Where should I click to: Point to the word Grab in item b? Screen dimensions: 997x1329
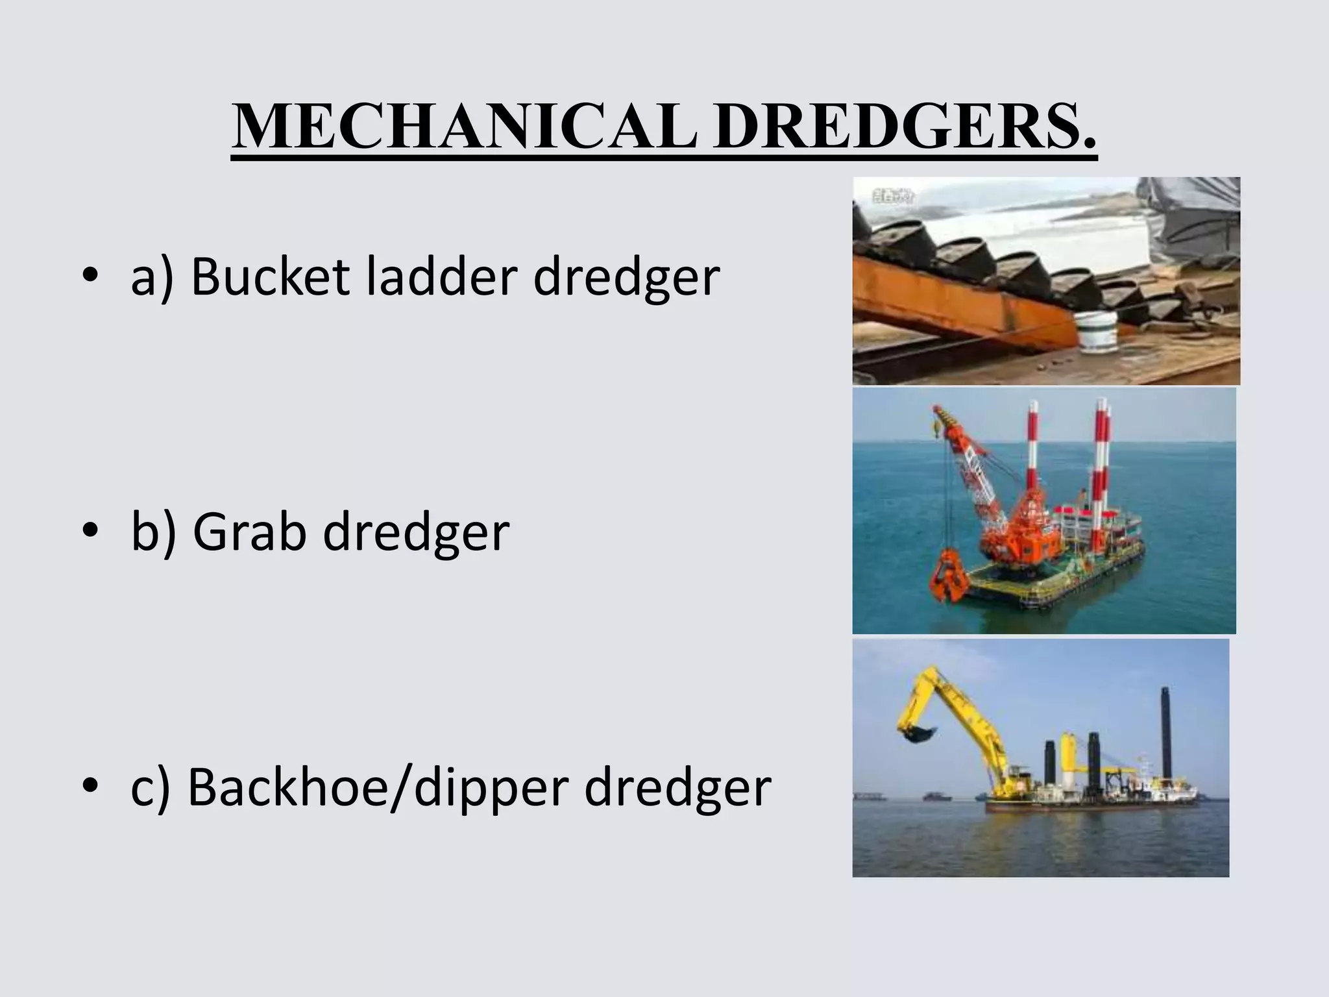(249, 532)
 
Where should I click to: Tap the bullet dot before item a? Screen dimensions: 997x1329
(90, 277)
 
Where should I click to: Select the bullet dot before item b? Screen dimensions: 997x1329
(90, 532)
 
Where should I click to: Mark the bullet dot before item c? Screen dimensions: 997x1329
(90, 787)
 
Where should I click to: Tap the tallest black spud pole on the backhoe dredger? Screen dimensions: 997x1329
(1165, 733)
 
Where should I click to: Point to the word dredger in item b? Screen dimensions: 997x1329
(416, 532)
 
